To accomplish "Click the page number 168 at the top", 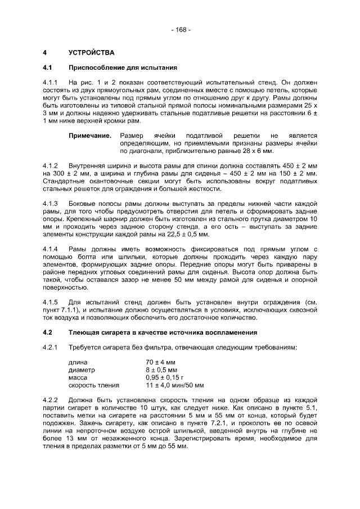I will (181, 29).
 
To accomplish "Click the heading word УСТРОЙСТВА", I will (91, 53).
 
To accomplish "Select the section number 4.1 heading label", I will (48, 67).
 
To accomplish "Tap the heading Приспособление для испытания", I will (123, 67).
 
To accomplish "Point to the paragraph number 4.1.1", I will (51, 83).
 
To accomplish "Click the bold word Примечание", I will (90, 136).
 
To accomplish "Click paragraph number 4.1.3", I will (51, 203).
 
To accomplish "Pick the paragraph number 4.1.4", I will (51, 249).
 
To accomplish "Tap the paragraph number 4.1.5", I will (51, 301).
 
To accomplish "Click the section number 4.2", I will (48, 332).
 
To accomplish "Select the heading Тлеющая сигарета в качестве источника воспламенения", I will (163, 332).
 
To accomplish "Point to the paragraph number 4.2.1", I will (51, 347).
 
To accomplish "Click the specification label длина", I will (78, 363).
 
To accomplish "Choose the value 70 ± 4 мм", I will (161, 363).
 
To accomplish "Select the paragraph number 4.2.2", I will (51, 400).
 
